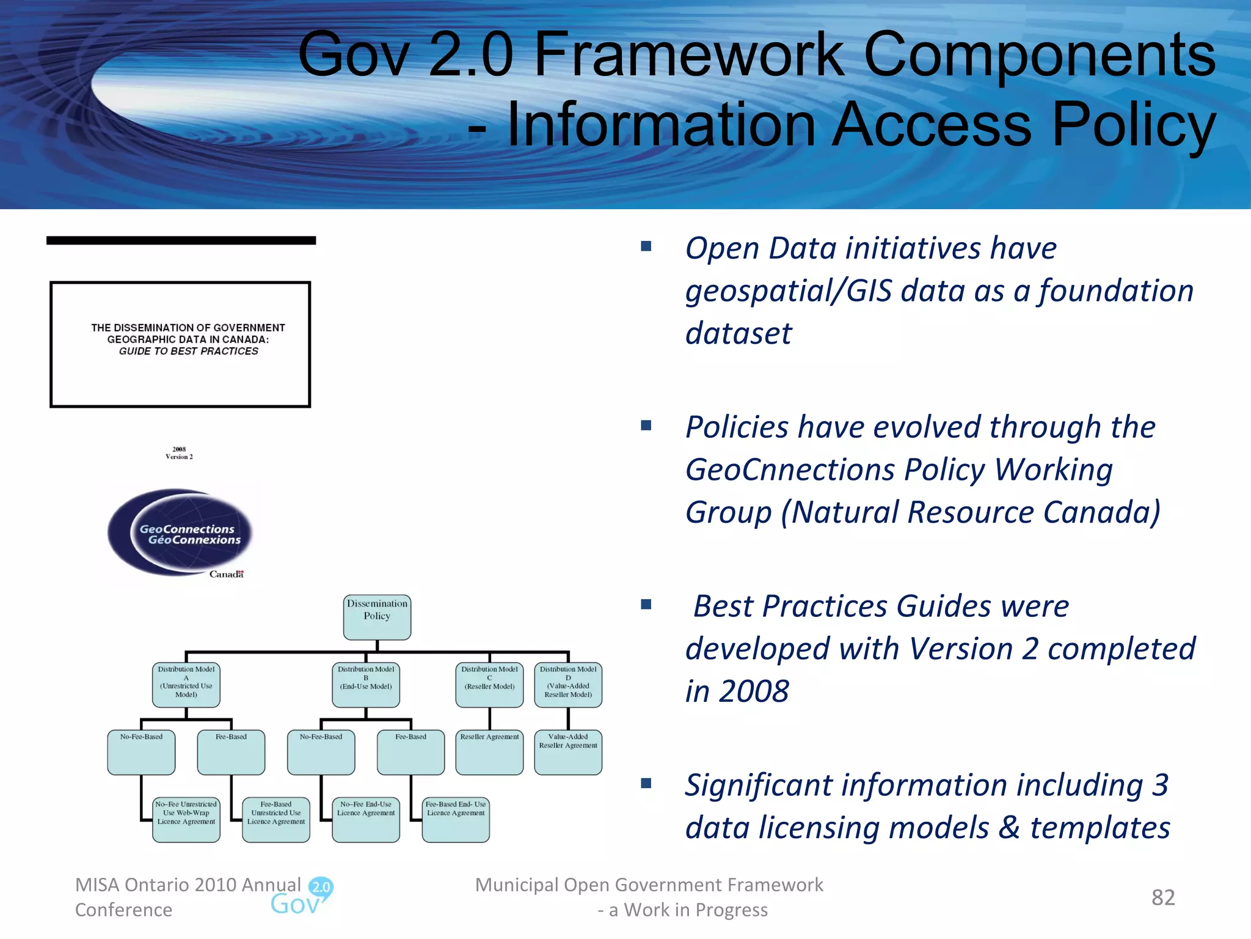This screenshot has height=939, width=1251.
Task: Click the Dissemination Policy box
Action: (x=377, y=617)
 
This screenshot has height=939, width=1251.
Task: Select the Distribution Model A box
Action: (x=186, y=685)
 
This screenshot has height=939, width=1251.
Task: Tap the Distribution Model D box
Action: (x=568, y=685)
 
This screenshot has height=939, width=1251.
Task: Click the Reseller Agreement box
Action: (x=489, y=752)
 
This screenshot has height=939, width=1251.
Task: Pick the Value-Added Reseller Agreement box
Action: (x=568, y=752)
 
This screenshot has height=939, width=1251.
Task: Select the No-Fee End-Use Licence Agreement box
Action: (x=366, y=820)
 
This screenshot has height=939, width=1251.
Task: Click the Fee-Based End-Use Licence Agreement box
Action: (x=456, y=820)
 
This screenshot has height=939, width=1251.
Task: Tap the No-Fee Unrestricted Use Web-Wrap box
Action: (x=186, y=820)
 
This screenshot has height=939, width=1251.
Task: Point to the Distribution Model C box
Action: (x=489, y=685)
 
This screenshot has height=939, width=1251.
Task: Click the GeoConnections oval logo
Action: (x=180, y=532)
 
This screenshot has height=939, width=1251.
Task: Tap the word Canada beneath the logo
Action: (x=226, y=574)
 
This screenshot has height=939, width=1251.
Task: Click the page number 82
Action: (x=1163, y=897)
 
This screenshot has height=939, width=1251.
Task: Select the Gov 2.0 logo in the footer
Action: (x=302, y=897)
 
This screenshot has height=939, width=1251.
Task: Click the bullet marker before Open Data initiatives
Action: (x=646, y=246)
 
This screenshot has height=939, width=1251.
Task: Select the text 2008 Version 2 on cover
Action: (x=179, y=453)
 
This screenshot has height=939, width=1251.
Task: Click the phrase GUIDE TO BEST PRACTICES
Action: (x=188, y=351)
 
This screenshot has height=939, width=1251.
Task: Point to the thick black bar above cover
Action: (x=181, y=240)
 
